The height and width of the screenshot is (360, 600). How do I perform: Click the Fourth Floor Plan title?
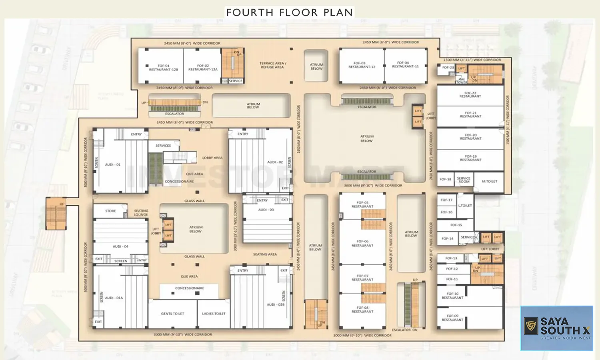click(290, 12)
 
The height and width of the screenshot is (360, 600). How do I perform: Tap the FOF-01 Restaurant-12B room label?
click(163, 68)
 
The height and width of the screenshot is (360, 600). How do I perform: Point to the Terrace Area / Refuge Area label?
click(272, 65)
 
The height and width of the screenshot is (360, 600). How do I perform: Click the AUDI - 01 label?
click(112, 164)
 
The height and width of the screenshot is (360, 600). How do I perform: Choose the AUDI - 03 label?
click(266, 210)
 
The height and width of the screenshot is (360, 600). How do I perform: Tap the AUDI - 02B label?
click(275, 304)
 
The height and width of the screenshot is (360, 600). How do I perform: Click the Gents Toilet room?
click(172, 314)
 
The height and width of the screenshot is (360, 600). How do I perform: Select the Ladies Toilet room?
click(214, 314)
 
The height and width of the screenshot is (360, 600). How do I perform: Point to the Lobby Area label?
click(212, 158)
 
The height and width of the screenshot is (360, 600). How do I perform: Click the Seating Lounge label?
click(141, 212)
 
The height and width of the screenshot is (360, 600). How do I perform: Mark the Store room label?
click(110, 211)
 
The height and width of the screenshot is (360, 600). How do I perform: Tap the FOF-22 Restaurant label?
click(470, 94)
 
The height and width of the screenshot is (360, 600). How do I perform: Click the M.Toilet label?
click(489, 181)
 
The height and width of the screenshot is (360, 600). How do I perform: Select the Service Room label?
click(464, 180)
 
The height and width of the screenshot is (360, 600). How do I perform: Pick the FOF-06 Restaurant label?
click(362, 243)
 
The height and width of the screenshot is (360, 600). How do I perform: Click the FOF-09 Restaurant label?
click(452, 318)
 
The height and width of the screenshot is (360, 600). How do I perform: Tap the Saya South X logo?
click(556, 328)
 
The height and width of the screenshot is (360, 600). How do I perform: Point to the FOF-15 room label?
click(456, 225)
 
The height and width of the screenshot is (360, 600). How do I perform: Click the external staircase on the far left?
click(56, 214)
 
